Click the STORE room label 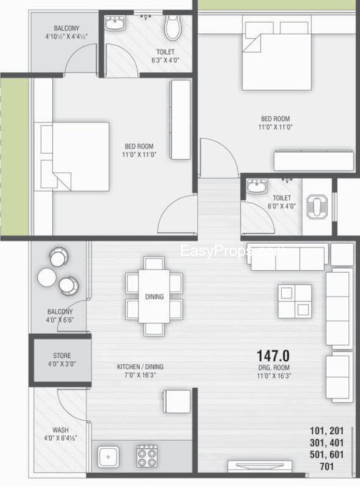click(61, 355)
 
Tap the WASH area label click(60, 430)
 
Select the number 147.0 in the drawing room click(272, 355)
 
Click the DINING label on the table click(154, 297)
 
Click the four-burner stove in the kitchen click(147, 455)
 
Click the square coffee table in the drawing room click(295, 301)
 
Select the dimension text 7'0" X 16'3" click(140, 376)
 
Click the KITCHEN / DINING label click(140, 367)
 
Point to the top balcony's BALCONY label click(66, 29)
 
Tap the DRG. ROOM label click(272, 368)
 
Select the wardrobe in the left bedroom click(180, 120)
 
